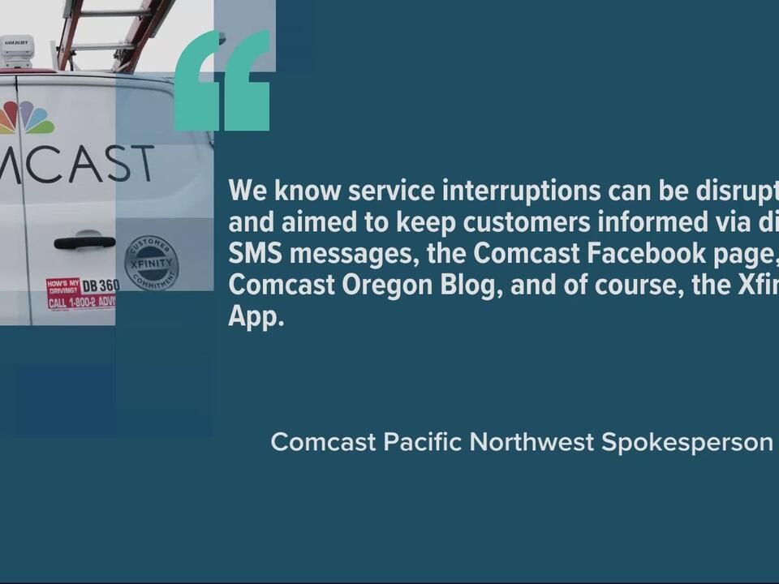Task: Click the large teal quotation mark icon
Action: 222,81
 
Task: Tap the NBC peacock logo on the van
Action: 27,118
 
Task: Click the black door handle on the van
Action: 84,243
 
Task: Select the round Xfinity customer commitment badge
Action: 151,263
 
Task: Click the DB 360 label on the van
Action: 101,286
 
